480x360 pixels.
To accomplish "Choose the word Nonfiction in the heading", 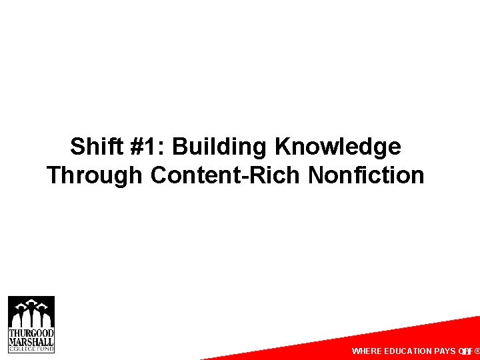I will click(366, 175).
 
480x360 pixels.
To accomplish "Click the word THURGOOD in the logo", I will click(31, 332).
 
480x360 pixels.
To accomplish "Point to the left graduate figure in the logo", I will click(18, 315).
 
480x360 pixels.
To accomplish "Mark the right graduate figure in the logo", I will click(45, 315).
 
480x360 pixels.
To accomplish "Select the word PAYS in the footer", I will click(445, 351).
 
